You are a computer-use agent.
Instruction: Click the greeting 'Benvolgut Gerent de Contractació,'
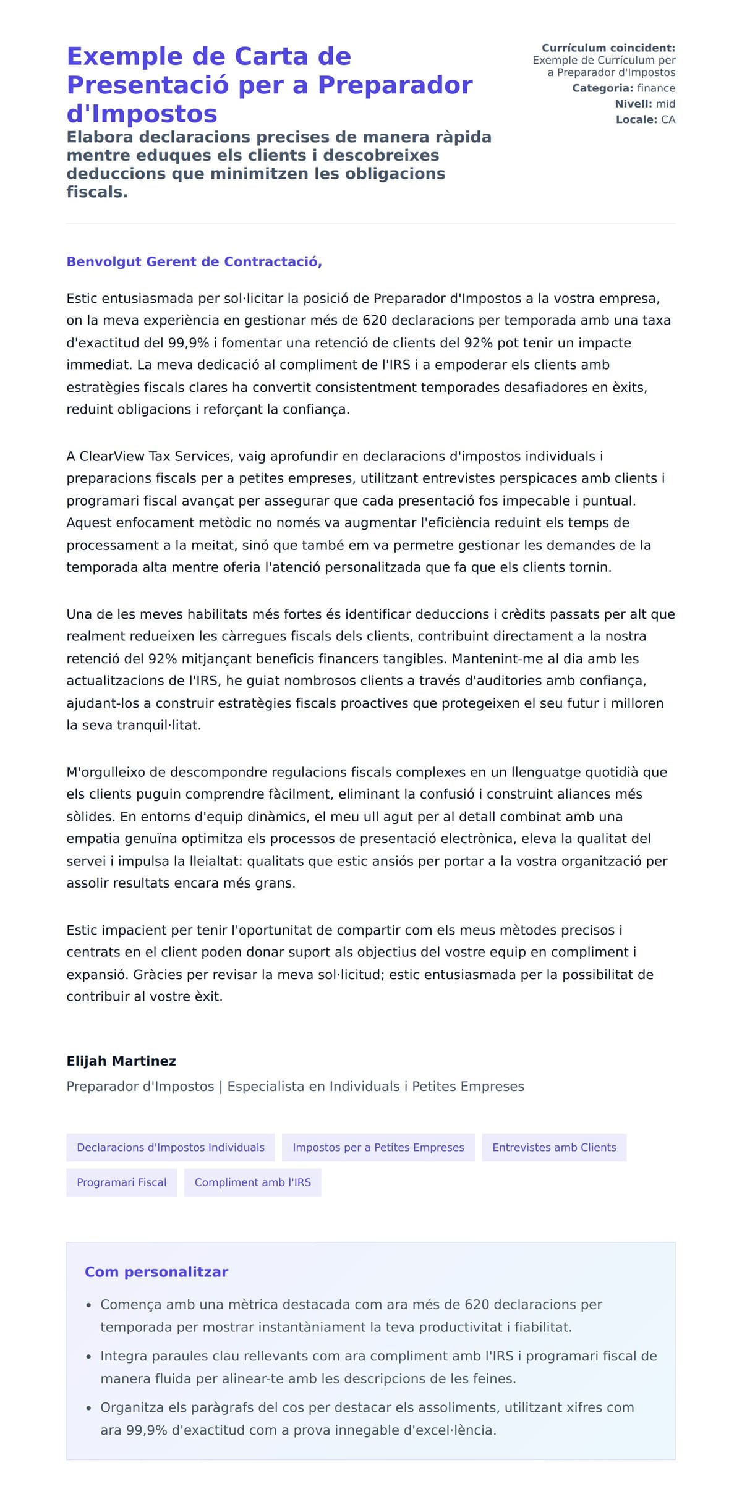pyautogui.click(x=194, y=261)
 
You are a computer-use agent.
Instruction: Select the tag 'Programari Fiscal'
pyautogui.click(x=121, y=1182)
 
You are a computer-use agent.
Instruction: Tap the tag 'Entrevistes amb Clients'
pyautogui.click(x=554, y=1147)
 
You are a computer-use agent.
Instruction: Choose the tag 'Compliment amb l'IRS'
pyautogui.click(x=252, y=1182)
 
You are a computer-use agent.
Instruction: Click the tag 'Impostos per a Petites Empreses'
pyautogui.click(x=378, y=1147)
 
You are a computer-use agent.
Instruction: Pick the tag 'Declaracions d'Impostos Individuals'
pyautogui.click(x=170, y=1147)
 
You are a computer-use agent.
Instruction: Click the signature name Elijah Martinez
pyautogui.click(x=121, y=1061)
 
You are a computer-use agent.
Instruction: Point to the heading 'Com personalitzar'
pyautogui.click(x=156, y=1271)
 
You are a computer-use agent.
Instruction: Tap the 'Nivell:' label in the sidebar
pyautogui.click(x=633, y=104)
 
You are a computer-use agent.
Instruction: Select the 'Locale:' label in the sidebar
pyautogui.click(x=636, y=119)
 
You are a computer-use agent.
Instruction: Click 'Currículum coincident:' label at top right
pyautogui.click(x=608, y=48)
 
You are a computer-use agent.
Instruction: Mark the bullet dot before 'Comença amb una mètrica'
pyautogui.click(x=88, y=1305)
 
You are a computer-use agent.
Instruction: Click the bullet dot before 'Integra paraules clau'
pyautogui.click(x=88, y=1356)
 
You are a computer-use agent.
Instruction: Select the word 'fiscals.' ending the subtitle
pyautogui.click(x=97, y=192)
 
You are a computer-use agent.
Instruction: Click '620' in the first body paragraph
pyautogui.click(x=375, y=320)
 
